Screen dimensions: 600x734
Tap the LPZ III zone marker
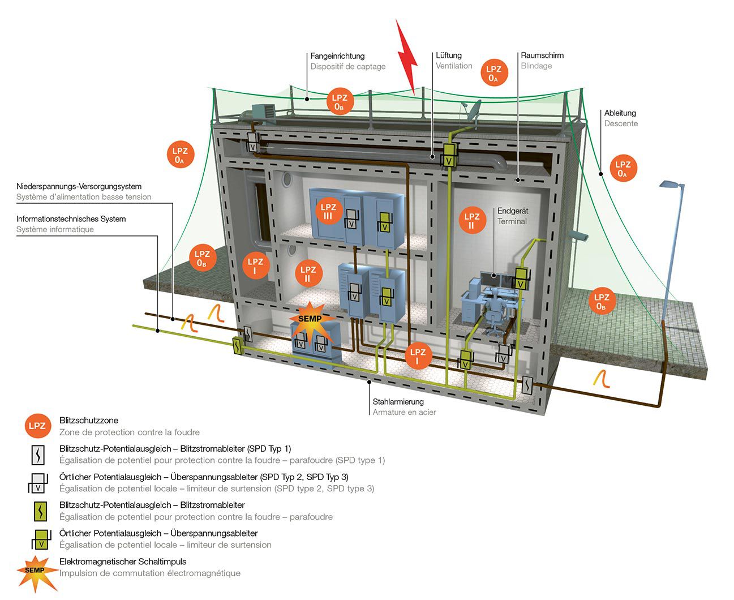click(328, 212)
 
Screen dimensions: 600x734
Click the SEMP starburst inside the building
click(309, 319)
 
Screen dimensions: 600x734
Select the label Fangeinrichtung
click(337, 56)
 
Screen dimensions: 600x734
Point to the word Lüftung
click(449, 55)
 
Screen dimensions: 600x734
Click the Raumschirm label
click(542, 55)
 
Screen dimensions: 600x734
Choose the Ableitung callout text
click(620, 113)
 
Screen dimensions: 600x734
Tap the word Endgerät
click(513, 211)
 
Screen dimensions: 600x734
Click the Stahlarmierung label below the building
click(398, 402)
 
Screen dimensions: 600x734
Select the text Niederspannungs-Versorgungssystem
click(79, 186)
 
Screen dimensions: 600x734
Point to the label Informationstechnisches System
click(71, 219)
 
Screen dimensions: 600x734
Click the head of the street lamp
click(672, 185)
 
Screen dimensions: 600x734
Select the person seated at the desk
click(496, 306)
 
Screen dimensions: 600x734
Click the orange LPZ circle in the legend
click(38, 426)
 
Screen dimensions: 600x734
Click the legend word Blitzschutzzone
click(89, 421)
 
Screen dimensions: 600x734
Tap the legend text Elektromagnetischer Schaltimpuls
click(123, 562)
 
